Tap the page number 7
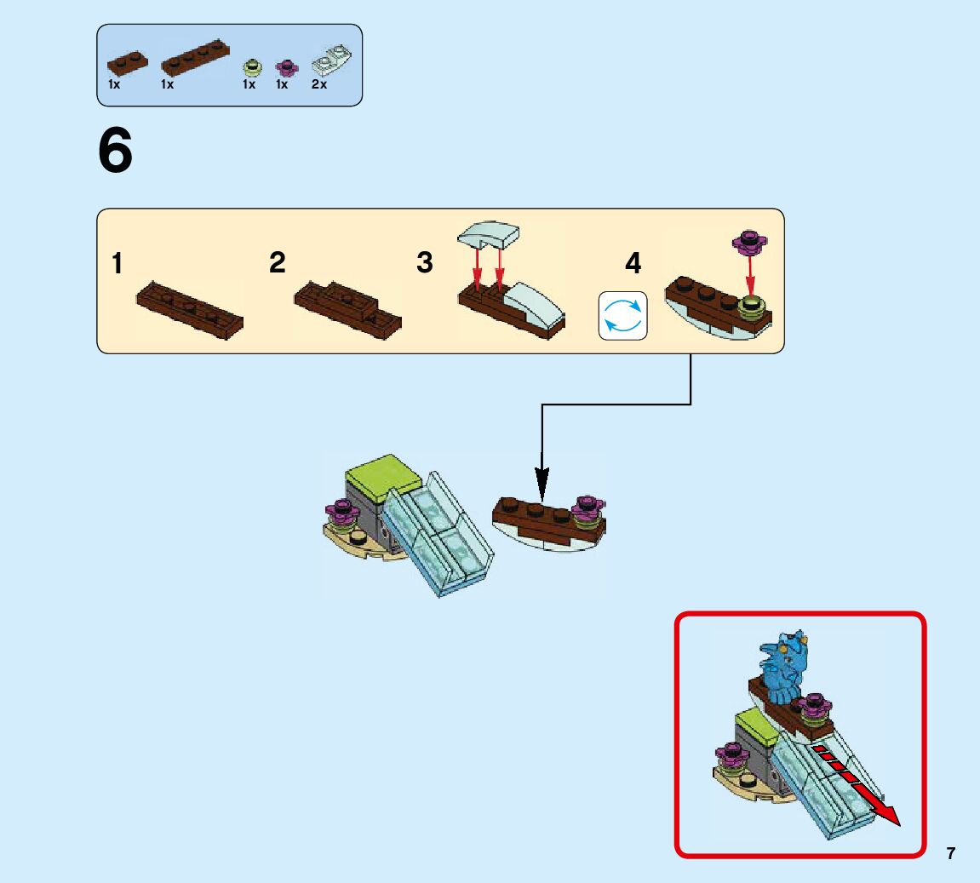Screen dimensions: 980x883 tap(950, 853)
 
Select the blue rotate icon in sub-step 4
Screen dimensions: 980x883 tap(623, 316)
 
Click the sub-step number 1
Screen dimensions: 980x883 tap(117, 263)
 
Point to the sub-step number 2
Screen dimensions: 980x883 tap(277, 262)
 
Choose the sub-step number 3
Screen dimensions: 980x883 tap(425, 262)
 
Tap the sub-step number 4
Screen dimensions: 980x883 tap(633, 263)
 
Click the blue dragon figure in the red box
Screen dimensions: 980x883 tap(782, 666)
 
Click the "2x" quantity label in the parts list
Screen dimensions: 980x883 tap(318, 84)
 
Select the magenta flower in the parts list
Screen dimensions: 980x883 tap(286, 67)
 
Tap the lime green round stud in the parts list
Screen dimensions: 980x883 tap(252, 67)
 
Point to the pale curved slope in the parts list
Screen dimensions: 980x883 tap(332, 60)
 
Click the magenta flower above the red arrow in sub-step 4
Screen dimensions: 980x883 tap(750, 242)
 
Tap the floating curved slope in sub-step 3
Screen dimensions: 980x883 tap(489, 233)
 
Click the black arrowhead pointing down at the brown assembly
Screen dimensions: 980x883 tap(542, 485)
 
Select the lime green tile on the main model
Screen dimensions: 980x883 tap(382, 475)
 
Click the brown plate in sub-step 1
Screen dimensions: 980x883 tap(190, 311)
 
